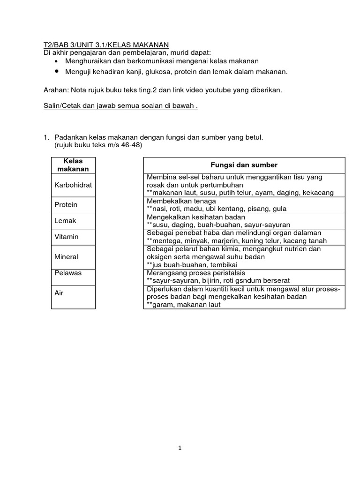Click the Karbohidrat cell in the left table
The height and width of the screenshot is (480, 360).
point(73,185)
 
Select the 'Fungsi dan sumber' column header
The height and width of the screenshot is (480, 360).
point(244,165)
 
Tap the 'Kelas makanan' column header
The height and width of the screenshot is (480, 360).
point(73,165)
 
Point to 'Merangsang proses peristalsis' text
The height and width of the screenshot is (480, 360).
point(196,273)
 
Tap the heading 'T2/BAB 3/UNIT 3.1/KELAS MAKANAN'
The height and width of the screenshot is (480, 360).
point(105,45)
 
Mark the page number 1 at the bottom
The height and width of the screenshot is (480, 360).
point(180,448)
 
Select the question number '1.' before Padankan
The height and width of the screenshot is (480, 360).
point(46,137)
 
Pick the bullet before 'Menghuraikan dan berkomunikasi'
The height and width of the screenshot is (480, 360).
point(57,61)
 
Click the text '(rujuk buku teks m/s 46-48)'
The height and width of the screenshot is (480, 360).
point(98,145)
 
